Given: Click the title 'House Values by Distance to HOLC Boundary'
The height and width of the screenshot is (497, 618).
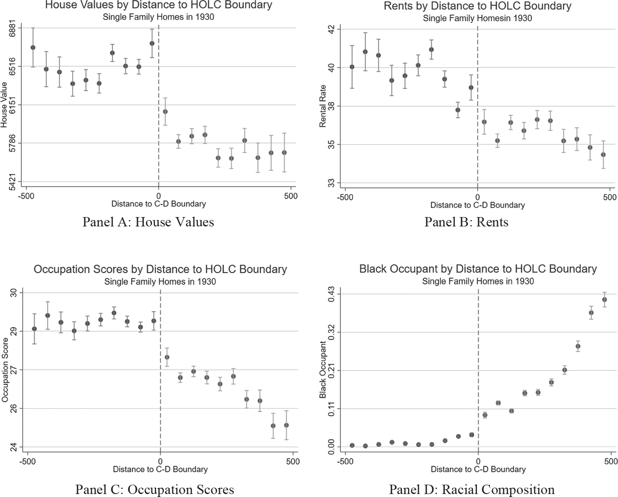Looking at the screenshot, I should [159, 6].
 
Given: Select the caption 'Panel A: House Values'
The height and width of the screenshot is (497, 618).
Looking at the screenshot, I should [148, 222].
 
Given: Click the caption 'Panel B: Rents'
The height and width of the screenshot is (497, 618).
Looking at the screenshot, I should [466, 222].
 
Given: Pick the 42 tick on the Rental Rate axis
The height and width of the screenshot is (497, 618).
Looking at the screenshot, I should [331, 29].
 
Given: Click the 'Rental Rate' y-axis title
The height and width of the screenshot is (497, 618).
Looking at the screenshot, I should [323, 106].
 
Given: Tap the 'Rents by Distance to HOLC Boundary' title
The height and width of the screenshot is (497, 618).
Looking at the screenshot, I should [477, 6].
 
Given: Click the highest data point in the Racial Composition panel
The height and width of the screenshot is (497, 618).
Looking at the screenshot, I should [604, 299].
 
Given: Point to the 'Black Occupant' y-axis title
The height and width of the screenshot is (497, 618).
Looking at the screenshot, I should [323, 370].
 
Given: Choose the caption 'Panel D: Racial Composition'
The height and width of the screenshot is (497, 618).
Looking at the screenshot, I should [472, 489].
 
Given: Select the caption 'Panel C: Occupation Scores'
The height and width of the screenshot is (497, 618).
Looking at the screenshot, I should [154, 489].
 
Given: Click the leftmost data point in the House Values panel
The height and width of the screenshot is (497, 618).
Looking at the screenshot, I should [33, 48].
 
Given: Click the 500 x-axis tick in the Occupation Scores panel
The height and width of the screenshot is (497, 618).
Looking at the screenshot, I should [293, 461].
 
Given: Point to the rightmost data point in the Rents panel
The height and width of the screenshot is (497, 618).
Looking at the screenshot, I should [603, 155].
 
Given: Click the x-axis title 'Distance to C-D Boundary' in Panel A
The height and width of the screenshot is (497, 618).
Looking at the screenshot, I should [159, 204].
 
